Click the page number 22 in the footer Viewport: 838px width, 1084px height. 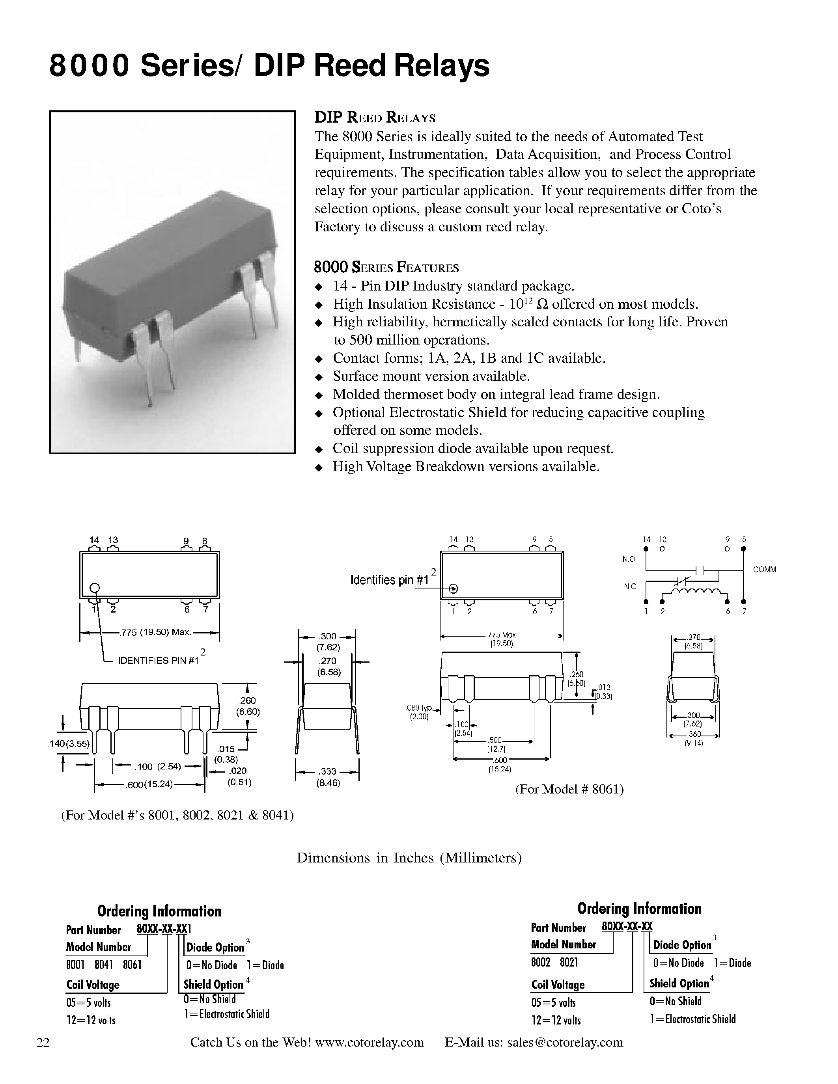click(43, 1042)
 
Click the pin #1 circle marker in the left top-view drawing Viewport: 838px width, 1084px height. click(95, 588)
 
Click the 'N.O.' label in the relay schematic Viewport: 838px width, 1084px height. click(629, 559)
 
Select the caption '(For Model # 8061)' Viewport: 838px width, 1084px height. click(569, 789)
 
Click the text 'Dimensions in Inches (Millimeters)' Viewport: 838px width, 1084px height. click(409, 858)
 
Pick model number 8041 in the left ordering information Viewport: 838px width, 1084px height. click(104, 965)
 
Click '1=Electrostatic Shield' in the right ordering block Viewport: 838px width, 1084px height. click(692, 1019)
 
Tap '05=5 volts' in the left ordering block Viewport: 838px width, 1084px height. click(88, 1002)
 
